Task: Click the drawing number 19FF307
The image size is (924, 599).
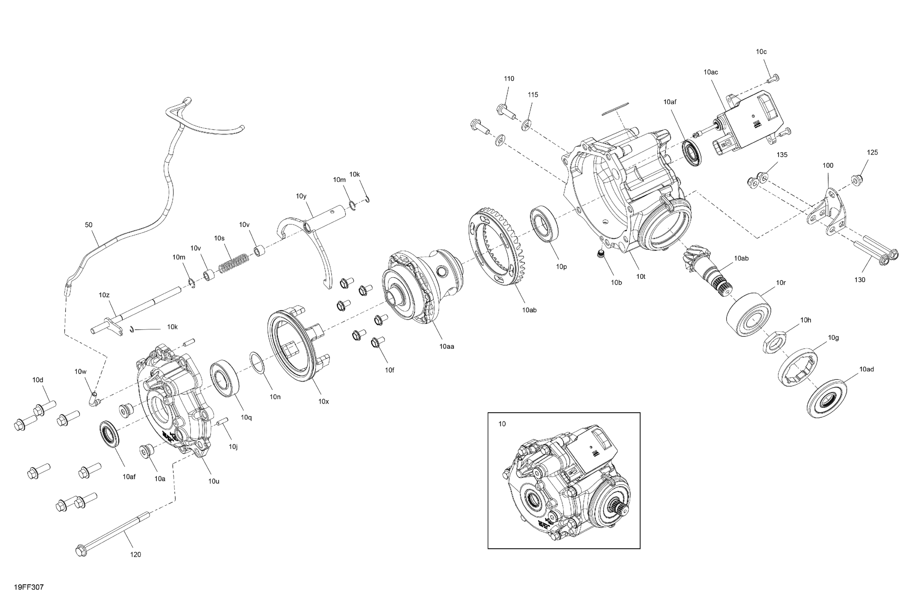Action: pos(29,587)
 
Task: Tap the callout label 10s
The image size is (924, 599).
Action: pos(219,238)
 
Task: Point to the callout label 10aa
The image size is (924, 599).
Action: pos(446,346)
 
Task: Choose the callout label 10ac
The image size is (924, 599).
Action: pos(710,72)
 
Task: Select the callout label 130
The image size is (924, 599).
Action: pos(860,279)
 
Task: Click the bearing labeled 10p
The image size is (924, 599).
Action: pos(544,226)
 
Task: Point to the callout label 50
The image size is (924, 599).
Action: pos(88,225)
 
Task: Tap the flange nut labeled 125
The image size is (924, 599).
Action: pos(856,180)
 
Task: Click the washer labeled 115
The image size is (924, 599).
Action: pos(526,125)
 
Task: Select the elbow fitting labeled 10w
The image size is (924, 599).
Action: pos(94,399)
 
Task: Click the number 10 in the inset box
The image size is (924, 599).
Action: pos(502,424)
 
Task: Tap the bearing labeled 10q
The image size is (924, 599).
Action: pos(224,378)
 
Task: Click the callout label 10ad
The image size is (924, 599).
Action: pos(867,369)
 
